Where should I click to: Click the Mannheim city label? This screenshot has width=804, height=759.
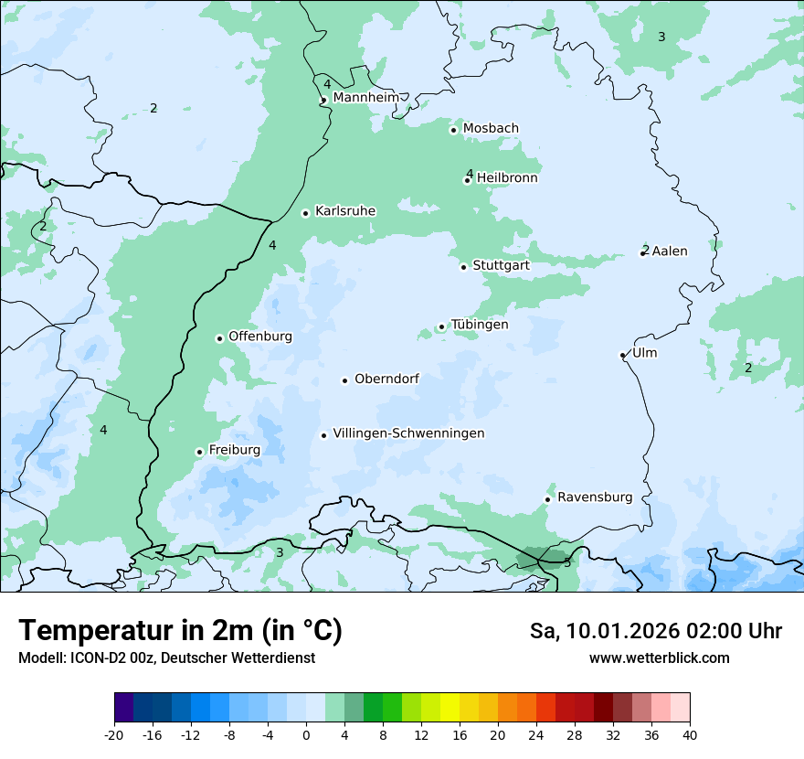365,98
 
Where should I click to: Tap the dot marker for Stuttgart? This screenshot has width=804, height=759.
463,267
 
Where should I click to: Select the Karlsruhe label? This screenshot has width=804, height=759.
344,211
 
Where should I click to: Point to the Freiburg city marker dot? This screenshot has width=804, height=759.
199,452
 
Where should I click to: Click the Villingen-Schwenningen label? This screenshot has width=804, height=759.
408,433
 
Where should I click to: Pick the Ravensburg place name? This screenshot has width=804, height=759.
595,497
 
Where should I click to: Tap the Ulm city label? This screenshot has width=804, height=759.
644,353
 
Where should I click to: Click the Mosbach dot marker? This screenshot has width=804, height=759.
453,130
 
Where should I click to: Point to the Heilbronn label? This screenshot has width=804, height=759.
507,178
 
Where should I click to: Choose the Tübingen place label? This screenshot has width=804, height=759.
479,325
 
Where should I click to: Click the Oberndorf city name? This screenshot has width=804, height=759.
386,379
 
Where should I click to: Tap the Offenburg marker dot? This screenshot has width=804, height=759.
219,338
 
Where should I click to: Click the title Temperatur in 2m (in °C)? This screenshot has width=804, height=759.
180,631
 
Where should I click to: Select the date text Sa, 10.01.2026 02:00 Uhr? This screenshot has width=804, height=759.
655,631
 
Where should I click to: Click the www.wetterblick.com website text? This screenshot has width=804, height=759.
659,657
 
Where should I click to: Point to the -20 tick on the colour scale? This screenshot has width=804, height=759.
114,734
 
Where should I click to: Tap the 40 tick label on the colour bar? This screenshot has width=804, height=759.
689,734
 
